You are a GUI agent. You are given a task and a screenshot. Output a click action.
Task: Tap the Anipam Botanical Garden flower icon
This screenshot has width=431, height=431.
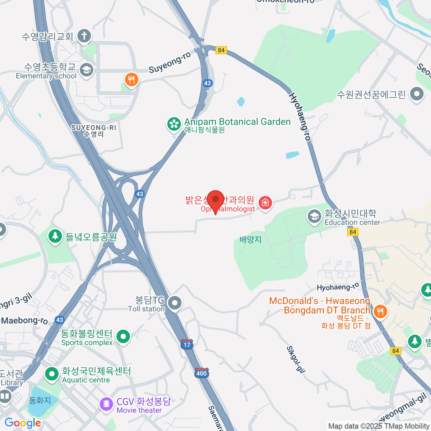pyautogui.click(x=174, y=124)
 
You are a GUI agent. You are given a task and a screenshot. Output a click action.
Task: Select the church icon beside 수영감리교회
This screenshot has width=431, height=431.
pyautogui.click(x=84, y=36)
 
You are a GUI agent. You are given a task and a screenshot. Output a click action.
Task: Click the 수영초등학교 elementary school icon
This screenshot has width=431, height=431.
pyautogui.click(x=86, y=70)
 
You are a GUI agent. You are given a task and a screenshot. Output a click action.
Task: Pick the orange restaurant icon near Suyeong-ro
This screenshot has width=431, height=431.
pyautogui.click(x=131, y=79)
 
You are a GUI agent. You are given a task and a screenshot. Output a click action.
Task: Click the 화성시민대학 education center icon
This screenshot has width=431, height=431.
pyautogui.click(x=314, y=217)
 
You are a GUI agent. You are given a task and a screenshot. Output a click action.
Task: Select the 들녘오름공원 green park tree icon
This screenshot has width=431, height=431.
pyautogui.click(x=55, y=236)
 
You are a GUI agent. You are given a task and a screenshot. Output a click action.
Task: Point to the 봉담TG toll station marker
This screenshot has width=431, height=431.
pyautogui.click(x=175, y=303)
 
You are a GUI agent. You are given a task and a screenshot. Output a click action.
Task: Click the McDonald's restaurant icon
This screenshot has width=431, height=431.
pyautogui.click(x=380, y=311)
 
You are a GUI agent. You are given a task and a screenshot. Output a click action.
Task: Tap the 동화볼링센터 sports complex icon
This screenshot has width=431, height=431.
pyautogui.click(x=123, y=337)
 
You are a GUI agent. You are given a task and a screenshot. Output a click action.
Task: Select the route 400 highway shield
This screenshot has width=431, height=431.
pyautogui.click(x=201, y=373)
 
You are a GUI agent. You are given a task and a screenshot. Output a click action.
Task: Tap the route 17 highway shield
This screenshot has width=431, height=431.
pyautogui.click(x=187, y=345)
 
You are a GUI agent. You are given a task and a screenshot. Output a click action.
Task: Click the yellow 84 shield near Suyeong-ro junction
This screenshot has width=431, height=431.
pyautogui.click(x=221, y=50)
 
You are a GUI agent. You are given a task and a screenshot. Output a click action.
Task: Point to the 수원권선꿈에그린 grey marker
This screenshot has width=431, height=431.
pyautogui.click(x=417, y=94)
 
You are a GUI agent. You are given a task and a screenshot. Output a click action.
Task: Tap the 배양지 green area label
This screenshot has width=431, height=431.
pyautogui.click(x=250, y=240)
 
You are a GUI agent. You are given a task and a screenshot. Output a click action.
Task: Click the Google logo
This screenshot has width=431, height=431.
pyautogui.click(x=23, y=423)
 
